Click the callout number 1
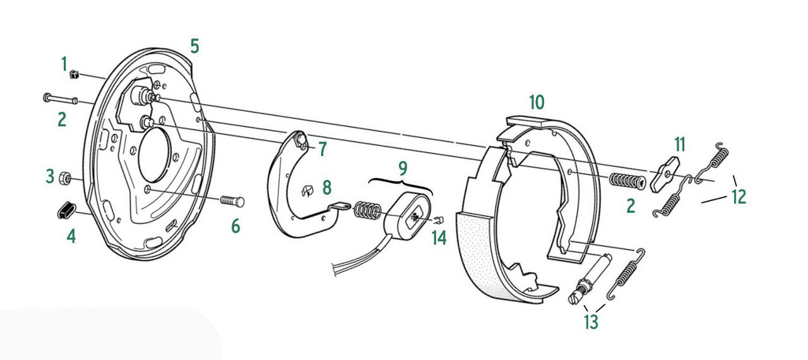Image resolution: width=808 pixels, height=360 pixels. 64,64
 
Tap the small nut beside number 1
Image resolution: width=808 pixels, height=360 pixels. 74,75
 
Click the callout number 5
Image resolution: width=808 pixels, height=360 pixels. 194,46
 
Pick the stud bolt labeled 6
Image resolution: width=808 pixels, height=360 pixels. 232,201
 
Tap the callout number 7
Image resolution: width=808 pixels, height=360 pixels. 322,149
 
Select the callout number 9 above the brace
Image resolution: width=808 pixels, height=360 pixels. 403,168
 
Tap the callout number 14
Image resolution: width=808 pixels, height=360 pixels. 439,238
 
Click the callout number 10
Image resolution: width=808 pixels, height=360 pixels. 536,102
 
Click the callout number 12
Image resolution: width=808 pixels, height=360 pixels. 739,197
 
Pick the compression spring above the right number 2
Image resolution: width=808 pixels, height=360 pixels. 626,181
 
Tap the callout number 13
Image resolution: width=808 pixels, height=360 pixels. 590,322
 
